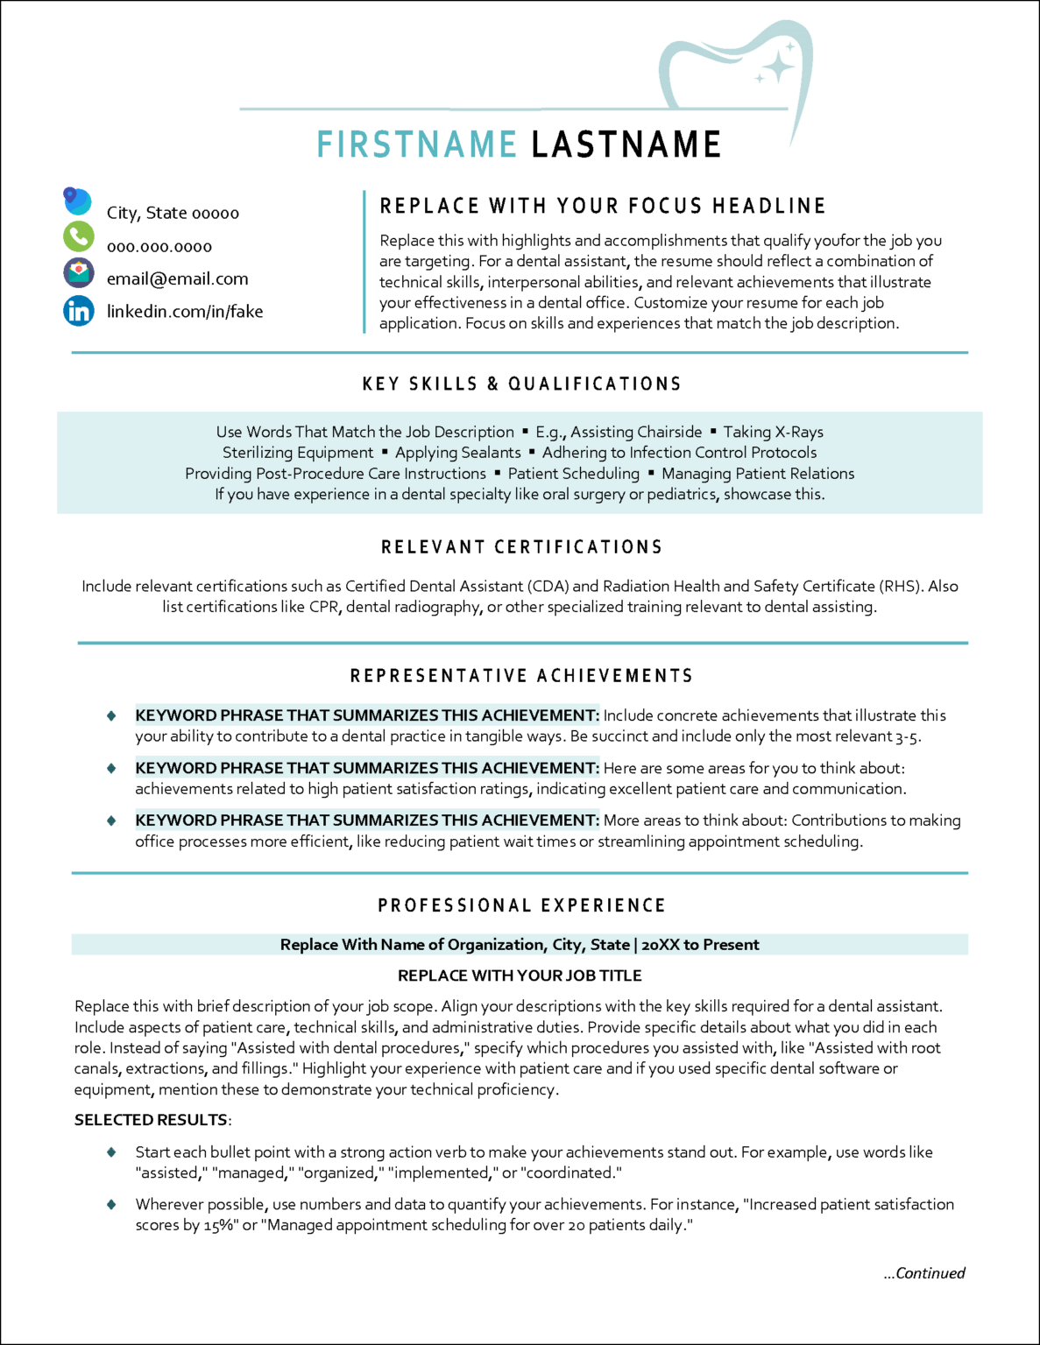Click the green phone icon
click(x=79, y=236)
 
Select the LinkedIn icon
click(x=79, y=311)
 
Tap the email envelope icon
click(x=79, y=273)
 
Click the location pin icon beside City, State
click(x=76, y=201)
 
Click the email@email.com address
click(x=177, y=279)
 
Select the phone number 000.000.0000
click(x=159, y=247)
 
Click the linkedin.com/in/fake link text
click(x=185, y=312)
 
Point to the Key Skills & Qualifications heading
click(x=521, y=384)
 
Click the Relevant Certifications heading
click(x=521, y=547)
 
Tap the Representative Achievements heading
click(x=521, y=676)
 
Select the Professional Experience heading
click(x=521, y=905)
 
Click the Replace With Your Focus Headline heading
click(x=603, y=207)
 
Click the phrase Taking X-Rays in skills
click(x=773, y=432)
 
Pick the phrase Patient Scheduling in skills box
click(x=574, y=474)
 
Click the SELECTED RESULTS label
click(x=151, y=1120)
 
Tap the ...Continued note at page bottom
click(x=923, y=1273)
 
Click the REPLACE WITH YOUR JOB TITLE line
click(x=520, y=975)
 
